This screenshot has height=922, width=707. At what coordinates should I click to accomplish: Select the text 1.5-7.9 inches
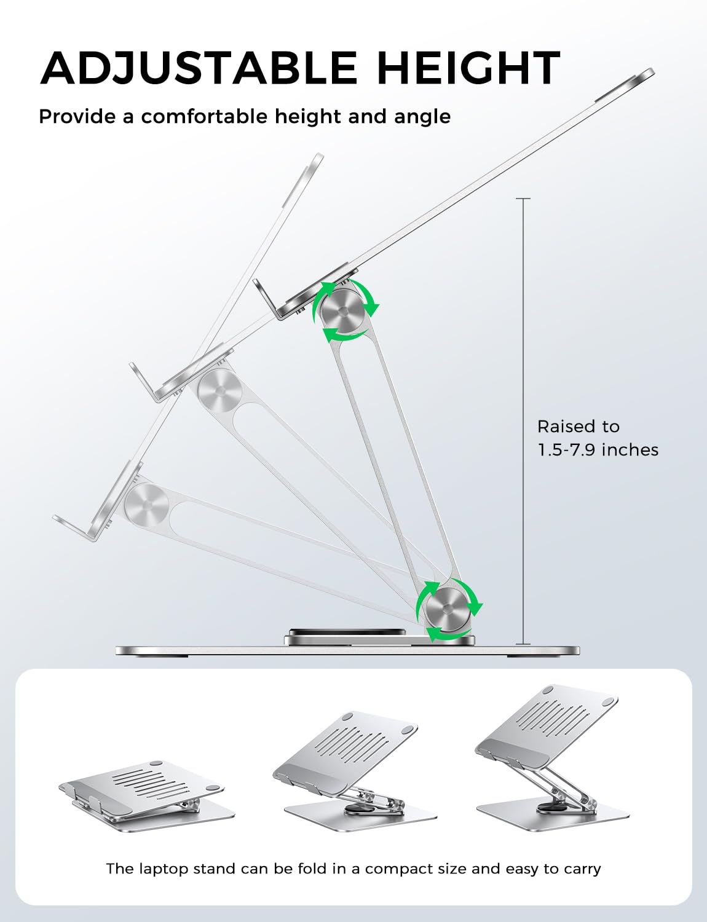click(x=598, y=450)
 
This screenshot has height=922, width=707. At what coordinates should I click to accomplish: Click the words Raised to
click(x=578, y=427)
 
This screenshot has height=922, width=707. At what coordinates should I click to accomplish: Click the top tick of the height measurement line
click(x=523, y=199)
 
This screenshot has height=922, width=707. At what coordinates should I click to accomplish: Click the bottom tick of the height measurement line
click(x=523, y=644)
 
